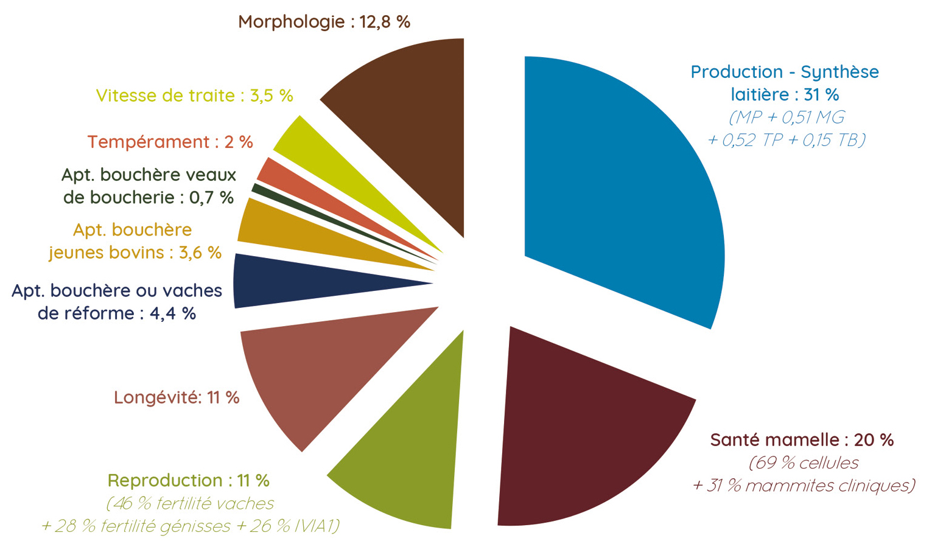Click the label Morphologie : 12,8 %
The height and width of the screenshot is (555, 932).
(324, 22)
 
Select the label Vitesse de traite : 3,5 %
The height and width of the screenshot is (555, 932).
(194, 96)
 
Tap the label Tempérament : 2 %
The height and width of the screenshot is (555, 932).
(170, 142)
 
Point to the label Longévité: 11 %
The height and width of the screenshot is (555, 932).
(177, 397)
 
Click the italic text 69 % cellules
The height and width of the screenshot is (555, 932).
(804, 462)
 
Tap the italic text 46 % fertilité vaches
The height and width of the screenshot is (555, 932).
(191, 503)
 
